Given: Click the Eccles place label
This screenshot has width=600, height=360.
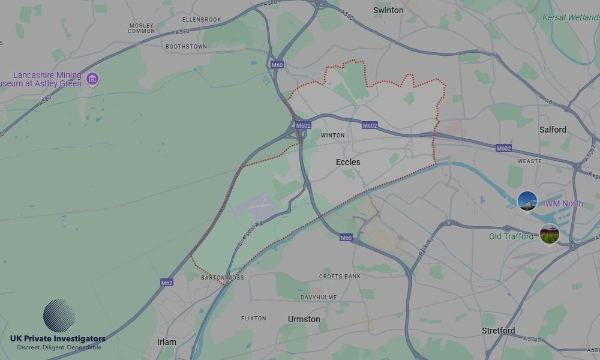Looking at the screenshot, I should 348,162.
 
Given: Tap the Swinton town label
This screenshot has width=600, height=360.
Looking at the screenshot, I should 388,10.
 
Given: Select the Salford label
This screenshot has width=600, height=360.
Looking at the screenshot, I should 553,130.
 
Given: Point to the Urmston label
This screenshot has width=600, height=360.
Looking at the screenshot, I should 304,319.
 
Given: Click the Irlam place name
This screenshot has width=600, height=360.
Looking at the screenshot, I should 167,342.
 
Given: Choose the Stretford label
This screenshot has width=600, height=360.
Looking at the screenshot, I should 498,331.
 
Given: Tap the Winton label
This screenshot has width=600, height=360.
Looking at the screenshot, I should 333,136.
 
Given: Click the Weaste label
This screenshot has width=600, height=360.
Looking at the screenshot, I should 529,161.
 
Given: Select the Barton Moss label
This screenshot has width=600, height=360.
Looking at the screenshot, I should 222,278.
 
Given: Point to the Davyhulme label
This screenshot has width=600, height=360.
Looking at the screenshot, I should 319,298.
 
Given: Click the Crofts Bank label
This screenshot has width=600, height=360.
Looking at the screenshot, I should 340,277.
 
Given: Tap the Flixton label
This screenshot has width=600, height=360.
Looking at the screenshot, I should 253,318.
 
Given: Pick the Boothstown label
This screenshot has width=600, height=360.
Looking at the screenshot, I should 186,46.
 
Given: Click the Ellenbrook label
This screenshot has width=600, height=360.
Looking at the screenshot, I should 202,19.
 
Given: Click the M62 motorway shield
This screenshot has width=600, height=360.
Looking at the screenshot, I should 167,282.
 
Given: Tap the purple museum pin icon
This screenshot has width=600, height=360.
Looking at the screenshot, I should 92,79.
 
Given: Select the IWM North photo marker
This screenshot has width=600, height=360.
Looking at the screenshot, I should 527,201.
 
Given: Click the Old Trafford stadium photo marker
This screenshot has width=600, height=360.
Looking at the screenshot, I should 549,234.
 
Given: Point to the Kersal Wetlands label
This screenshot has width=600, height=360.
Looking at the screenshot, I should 570,18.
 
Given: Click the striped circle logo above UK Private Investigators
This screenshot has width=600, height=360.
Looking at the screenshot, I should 59,316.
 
